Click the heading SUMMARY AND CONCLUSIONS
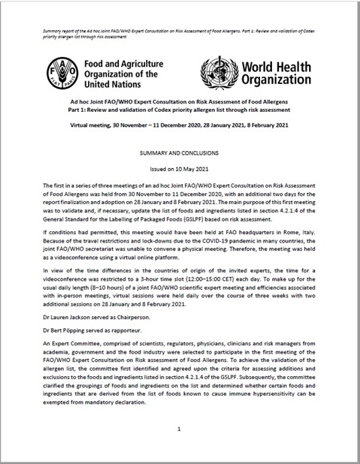click(x=180, y=153)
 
